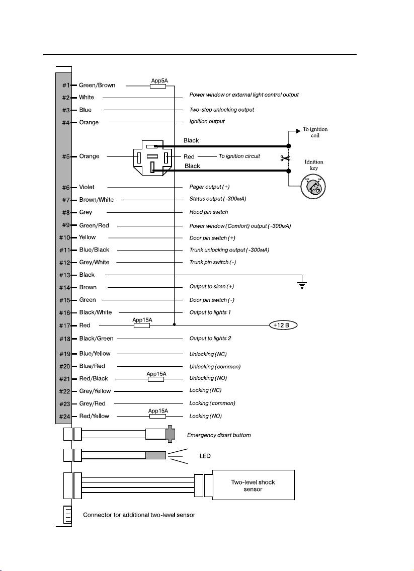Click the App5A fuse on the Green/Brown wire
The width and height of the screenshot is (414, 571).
(x=158, y=86)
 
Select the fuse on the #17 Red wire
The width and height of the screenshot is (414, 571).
(x=141, y=325)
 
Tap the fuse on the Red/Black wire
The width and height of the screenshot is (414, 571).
(x=156, y=379)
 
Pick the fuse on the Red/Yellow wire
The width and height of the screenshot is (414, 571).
(x=157, y=417)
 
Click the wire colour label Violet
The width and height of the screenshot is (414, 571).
(x=87, y=187)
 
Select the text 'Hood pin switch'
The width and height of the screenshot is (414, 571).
(x=208, y=212)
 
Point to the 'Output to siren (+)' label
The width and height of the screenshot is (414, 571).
(x=211, y=287)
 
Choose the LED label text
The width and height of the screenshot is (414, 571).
(x=205, y=456)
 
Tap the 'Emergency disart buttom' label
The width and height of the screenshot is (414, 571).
(x=219, y=435)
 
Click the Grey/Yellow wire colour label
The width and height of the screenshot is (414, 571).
(x=95, y=391)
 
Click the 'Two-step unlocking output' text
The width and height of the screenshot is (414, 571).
(x=221, y=110)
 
